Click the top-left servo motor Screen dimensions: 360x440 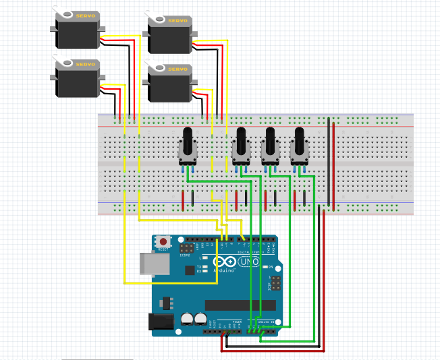(x=78, y=30)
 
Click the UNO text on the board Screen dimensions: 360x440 (x=248, y=262)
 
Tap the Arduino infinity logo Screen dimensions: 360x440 (x=225, y=262)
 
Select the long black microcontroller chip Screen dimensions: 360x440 (x=240, y=305)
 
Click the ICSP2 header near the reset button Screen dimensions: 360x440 (x=185, y=249)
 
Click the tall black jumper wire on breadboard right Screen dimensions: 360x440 (x=329, y=162)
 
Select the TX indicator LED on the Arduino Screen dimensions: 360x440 (x=202, y=265)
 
